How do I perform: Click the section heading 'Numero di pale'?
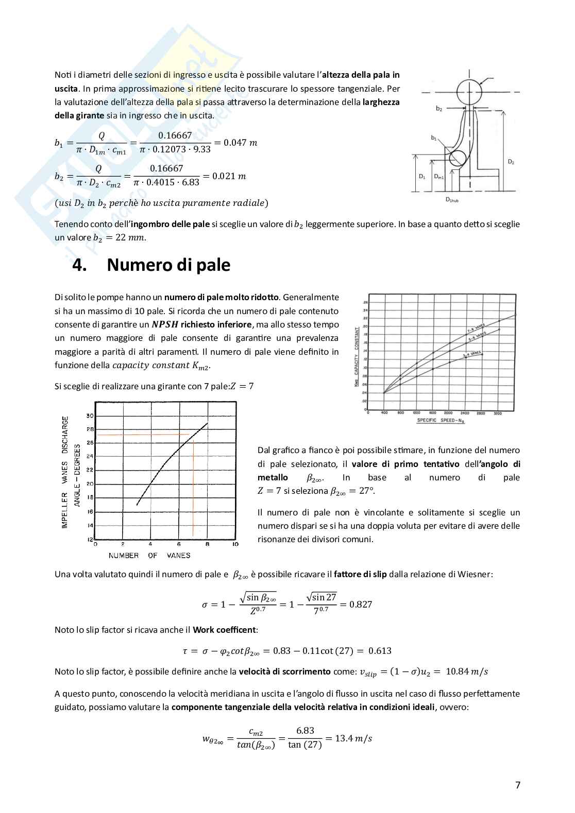click(168, 265)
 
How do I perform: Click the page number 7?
click(518, 785)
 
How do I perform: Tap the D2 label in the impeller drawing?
click(511, 162)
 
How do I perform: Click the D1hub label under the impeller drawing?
click(452, 200)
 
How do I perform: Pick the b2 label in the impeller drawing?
click(438, 109)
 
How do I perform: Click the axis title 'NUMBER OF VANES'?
click(149, 556)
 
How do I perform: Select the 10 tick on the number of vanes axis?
click(235, 544)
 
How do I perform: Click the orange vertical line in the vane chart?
click(193, 489)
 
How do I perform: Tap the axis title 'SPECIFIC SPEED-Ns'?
click(441, 420)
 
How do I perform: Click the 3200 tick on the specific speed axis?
click(498, 413)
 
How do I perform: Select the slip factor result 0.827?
click(361, 604)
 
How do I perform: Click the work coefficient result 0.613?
click(380, 651)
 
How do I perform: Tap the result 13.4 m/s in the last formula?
click(353, 738)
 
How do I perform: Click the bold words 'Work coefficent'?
click(224, 630)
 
